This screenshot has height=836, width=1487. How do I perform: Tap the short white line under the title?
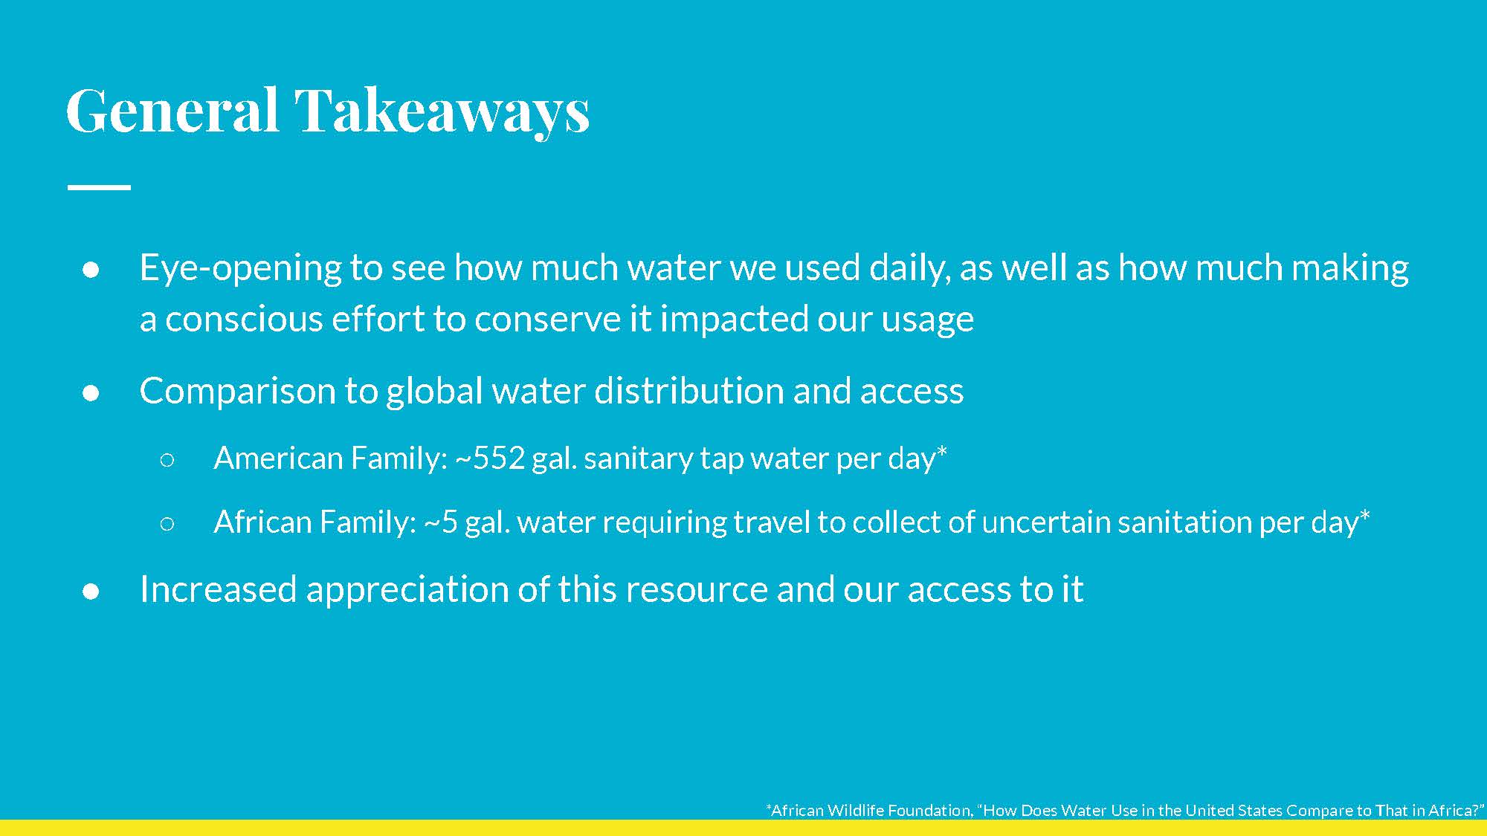point(99,187)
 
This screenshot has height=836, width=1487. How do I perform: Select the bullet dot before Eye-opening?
point(91,269)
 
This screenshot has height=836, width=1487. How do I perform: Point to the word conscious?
point(243,320)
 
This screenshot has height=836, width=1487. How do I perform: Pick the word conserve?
point(547,320)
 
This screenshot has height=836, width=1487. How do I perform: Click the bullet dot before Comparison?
point(91,392)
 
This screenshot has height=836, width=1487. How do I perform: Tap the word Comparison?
point(237,392)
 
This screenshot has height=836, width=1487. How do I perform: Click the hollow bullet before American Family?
point(167,460)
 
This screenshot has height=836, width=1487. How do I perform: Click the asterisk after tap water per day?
point(942,452)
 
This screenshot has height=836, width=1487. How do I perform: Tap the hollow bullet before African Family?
point(167,524)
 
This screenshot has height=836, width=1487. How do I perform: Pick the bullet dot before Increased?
point(91,591)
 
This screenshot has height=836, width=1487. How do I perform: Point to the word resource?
point(695,591)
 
